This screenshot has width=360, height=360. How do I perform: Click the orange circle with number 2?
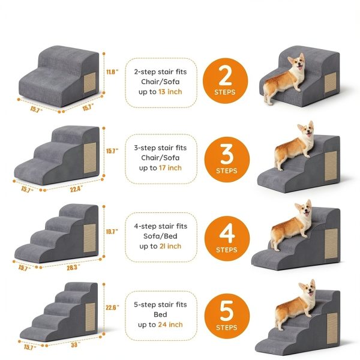pos(225,81)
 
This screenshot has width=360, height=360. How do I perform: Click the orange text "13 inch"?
pos(170,92)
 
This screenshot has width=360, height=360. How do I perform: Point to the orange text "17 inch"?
pos(170,168)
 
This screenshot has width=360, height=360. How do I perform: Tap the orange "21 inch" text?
pos(170,246)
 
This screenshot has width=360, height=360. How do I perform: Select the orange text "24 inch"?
pos(170,325)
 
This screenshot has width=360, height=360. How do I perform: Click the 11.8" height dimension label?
pos(112,71)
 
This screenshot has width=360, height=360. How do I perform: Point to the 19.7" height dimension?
pos(112,230)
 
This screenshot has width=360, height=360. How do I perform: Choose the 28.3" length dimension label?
pos(73,268)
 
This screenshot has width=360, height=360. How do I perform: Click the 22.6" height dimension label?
pos(112,307)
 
